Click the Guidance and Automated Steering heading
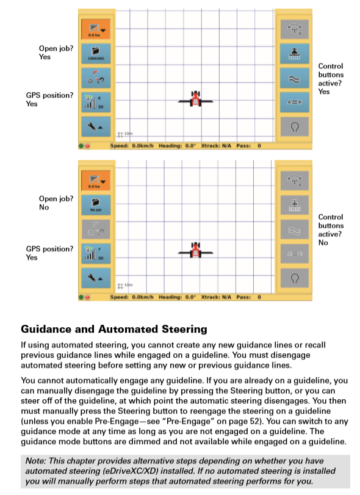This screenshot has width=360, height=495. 114,330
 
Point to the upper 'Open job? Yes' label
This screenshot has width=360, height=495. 53,52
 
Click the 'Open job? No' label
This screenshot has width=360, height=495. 53,203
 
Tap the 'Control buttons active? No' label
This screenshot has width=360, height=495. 331,229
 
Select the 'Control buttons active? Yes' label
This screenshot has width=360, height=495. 331,79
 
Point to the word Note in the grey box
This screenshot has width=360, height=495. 36,461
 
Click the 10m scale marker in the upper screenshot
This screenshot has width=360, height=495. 125,133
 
